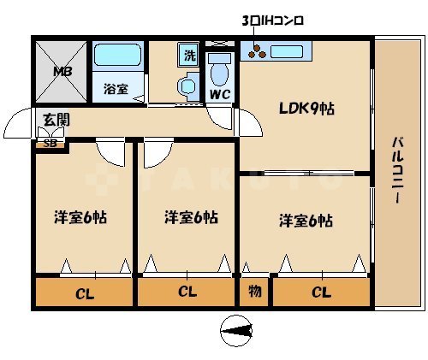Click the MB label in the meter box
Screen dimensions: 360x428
pos(62,72)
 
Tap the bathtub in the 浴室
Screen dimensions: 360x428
pos(118,57)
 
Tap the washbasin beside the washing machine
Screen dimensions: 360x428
pos(186,86)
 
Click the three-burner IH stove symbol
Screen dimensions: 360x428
pos(254,52)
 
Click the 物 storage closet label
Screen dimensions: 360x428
pos(254,292)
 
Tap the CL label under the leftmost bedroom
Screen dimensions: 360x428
pos(84,293)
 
